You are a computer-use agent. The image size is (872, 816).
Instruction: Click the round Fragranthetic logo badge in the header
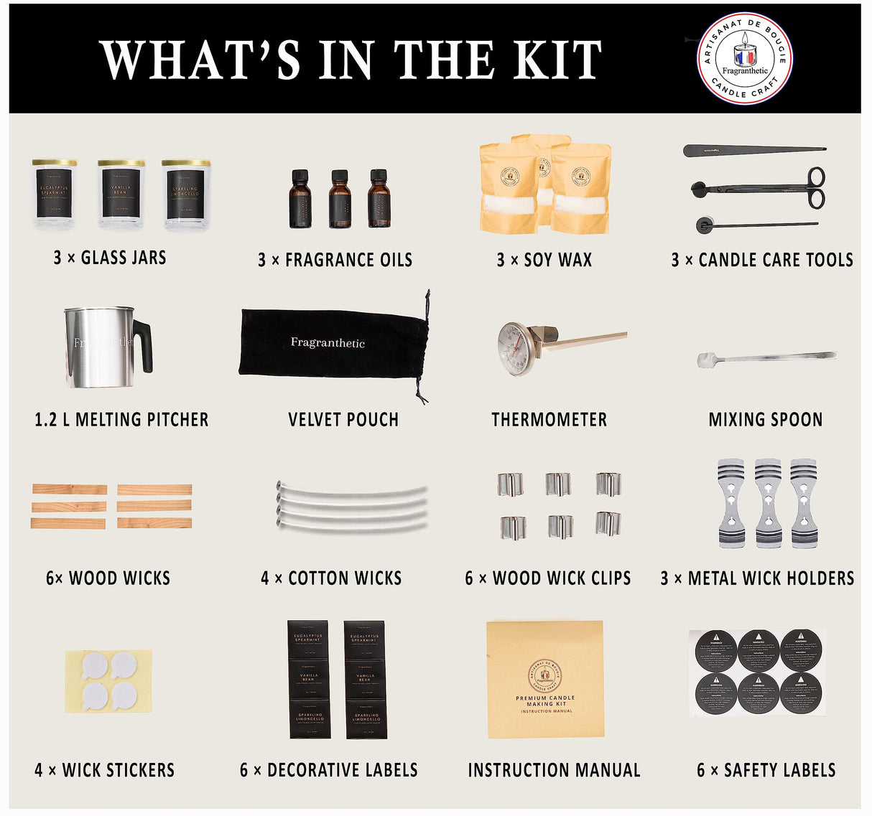[x=745, y=58]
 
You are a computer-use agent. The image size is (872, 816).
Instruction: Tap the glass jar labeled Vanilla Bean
[x=121, y=194]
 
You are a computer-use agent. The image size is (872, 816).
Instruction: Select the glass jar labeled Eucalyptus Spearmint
[x=54, y=194]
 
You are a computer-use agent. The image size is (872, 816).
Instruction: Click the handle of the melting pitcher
[x=144, y=344]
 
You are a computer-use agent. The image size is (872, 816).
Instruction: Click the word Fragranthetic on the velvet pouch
[x=328, y=342]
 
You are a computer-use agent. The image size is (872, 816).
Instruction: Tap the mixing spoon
[x=766, y=357]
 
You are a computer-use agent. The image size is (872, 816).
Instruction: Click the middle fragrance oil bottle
[x=340, y=200]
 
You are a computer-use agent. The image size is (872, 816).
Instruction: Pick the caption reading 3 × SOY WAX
[x=544, y=260]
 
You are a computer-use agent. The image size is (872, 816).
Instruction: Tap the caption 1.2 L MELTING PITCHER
[x=121, y=420]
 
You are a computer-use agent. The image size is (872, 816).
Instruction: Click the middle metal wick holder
[x=767, y=502]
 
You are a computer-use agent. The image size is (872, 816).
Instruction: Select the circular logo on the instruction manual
[x=545, y=675]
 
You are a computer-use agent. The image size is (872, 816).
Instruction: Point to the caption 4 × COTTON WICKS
[x=331, y=578]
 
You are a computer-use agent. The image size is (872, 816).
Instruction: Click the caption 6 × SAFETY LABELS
[x=766, y=771]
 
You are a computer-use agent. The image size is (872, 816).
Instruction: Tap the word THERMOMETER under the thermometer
[x=549, y=420]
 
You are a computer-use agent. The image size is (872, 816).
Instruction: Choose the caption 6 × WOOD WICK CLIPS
[x=548, y=578]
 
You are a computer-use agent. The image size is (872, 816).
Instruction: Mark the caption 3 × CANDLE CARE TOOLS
[x=762, y=260]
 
